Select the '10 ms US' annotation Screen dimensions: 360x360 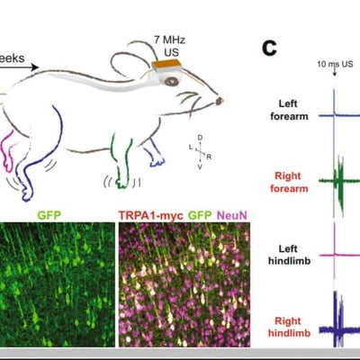click(334, 66)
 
